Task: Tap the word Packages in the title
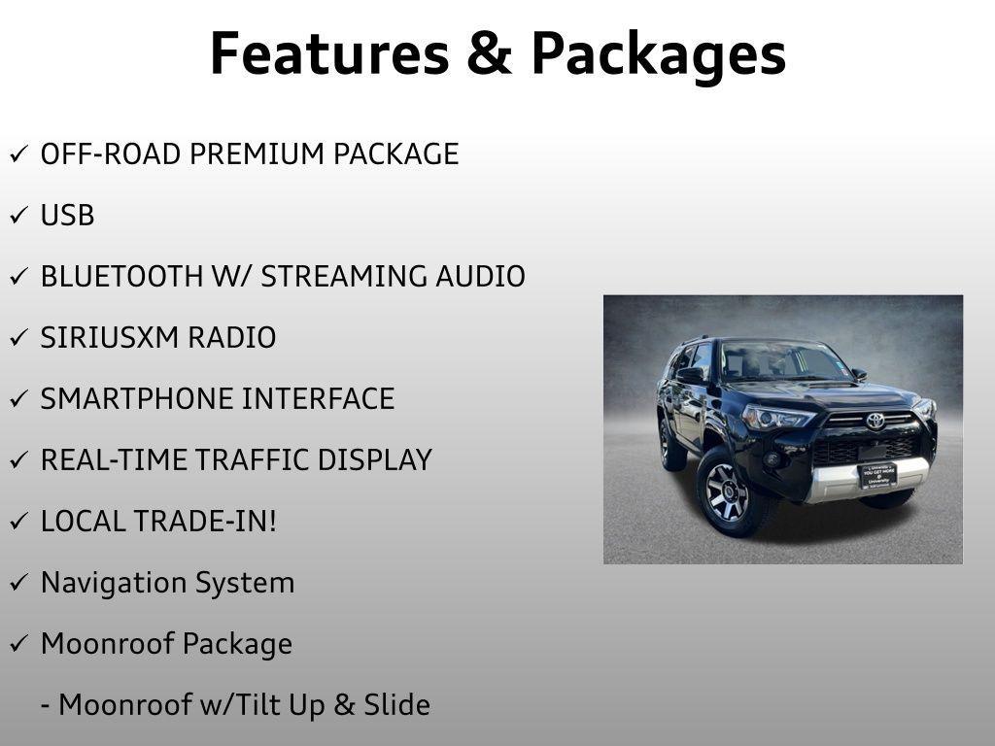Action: (x=658, y=55)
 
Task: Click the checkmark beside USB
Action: (x=19, y=216)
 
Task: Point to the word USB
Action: (x=67, y=216)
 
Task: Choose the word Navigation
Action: (x=114, y=583)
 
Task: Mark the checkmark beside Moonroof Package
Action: (x=19, y=644)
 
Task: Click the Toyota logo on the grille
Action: (x=875, y=421)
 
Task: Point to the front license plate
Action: (x=876, y=475)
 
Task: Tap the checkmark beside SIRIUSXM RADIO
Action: (x=19, y=338)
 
